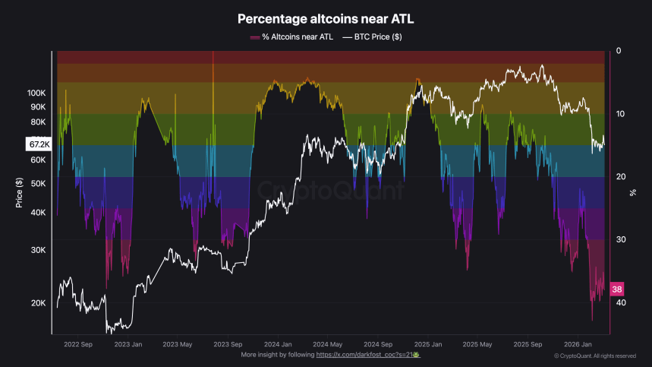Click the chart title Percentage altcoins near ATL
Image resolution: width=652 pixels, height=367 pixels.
(x=325, y=19)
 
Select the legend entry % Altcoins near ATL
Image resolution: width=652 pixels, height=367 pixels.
(x=291, y=36)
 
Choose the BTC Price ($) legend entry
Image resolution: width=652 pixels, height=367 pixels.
(x=371, y=36)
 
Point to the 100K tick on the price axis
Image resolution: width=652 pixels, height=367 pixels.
(x=36, y=93)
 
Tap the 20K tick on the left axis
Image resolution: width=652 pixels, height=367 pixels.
(x=38, y=303)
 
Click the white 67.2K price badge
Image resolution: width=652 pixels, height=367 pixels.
(x=36, y=144)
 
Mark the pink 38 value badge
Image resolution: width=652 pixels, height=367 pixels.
(x=617, y=289)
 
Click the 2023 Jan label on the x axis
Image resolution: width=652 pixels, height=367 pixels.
(x=128, y=343)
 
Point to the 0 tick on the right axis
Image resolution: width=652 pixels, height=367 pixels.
(x=619, y=51)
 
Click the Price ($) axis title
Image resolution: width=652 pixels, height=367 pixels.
(x=18, y=193)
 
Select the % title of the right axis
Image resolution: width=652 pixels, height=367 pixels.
(x=632, y=193)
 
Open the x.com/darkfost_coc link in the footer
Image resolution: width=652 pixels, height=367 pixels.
(x=368, y=355)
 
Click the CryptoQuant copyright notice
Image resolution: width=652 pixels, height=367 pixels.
(x=595, y=356)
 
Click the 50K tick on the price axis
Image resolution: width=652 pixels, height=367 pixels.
(x=38, y=183)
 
